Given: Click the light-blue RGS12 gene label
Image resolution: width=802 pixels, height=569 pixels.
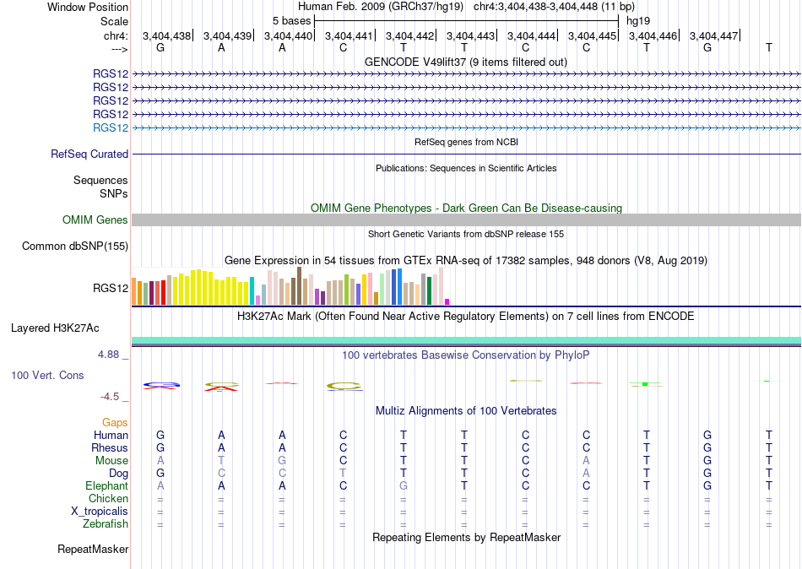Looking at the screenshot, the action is [111, 127].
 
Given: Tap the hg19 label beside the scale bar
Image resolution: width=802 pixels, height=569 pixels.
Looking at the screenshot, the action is [638, 21].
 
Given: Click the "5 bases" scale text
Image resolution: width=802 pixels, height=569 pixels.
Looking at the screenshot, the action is [291, 21].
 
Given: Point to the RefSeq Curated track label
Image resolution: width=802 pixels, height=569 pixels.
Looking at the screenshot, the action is [89, 154].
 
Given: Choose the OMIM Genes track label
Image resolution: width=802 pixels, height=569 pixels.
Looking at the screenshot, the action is [95, 220].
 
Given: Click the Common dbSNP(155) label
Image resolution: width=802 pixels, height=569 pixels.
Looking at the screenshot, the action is [75, 247].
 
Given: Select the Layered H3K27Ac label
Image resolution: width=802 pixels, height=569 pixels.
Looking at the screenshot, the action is [55, 328].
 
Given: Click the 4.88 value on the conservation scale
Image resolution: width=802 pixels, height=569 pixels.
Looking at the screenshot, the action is [108, 354].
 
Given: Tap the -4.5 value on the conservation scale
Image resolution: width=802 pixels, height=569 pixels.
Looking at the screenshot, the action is [110, 397].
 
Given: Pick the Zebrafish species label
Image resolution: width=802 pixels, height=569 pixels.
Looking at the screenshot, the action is [106, 524].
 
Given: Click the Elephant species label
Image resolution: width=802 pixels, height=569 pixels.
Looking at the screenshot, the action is [106, 485].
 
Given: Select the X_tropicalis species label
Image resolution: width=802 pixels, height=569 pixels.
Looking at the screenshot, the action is [100, 512].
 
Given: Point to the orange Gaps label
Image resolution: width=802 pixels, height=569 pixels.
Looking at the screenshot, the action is [115, 422].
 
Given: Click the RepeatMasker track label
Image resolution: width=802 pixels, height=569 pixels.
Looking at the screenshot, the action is [93, 549].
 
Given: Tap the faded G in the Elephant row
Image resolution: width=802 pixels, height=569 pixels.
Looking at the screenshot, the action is [404, 485].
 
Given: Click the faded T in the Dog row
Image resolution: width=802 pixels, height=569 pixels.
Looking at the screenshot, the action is [343, 473].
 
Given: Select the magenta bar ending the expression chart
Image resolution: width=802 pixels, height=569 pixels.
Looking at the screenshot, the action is [447, 302].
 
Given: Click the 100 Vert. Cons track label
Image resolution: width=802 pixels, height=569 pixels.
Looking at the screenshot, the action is [47, 375].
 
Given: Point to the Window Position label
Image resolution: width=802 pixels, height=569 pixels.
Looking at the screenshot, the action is [88, 7].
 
